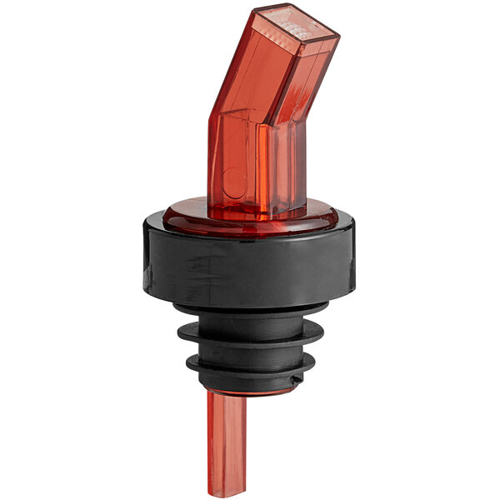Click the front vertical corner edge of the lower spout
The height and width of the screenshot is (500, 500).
(x=260, y=167)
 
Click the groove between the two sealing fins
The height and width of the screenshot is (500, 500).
(x=250, y=351)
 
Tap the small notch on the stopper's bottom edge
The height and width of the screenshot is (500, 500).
(x=297, y=380)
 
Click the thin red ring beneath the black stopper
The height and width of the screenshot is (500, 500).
(x=250, y=390)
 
